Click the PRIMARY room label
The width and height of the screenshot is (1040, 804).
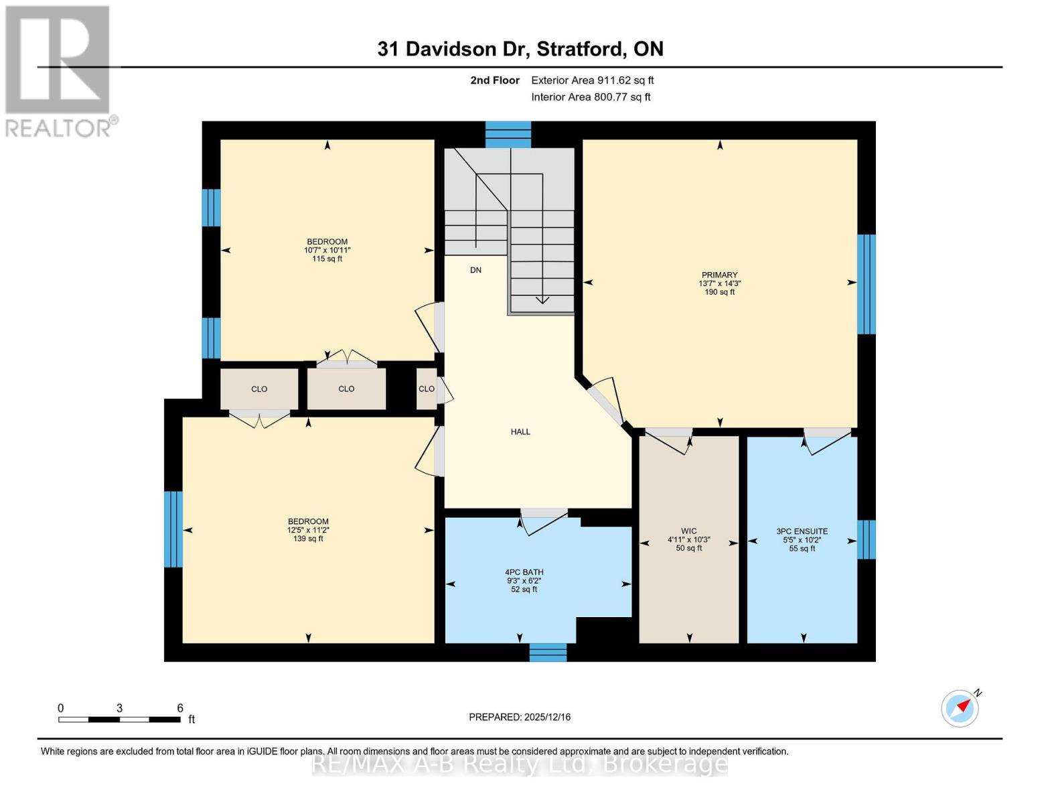[x=719, y=275]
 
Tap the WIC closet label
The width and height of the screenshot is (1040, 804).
[x=688, y=531]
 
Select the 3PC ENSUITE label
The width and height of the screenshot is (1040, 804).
[x=802, y=531]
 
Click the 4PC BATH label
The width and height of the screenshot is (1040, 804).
[x=524, y=573]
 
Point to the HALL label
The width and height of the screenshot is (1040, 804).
[x=520, y=432]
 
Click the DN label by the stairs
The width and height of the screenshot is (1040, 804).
[x=475, y=271]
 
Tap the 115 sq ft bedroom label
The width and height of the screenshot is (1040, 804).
[x=327, y=250]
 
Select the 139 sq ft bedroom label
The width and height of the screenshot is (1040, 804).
[x=308, y=530]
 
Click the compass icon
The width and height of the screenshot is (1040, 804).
[x=960, y=708]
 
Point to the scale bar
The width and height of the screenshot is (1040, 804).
[x=119, y=720]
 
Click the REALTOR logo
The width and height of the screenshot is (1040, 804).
[x=59, y=71]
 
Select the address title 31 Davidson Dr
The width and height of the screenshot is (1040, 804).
[x=520, y=49]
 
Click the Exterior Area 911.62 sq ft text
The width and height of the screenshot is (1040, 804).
[x=592, y=80]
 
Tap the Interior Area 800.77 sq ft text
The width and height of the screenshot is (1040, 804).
[x=591, y=97]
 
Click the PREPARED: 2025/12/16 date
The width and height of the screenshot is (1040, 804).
[x=520, y=717]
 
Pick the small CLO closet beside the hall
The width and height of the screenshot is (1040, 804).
[x=427, y=389]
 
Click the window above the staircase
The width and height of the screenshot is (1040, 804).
[x=508, y=134]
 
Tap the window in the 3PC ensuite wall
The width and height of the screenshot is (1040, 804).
[x=866, y=539]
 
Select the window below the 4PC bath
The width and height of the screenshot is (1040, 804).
[x=548, y=652]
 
